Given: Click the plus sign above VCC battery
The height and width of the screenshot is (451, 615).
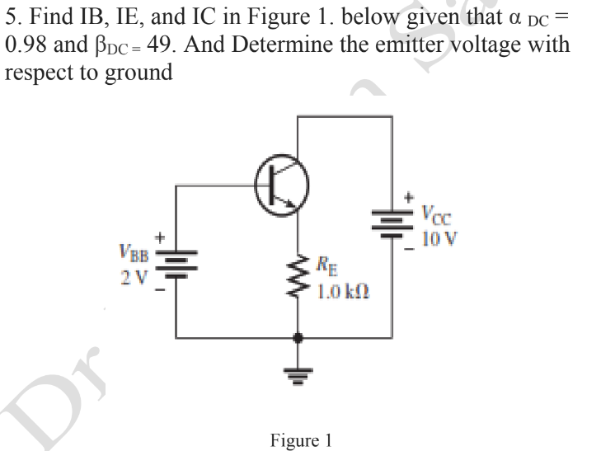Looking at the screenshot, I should pos(409,199).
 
